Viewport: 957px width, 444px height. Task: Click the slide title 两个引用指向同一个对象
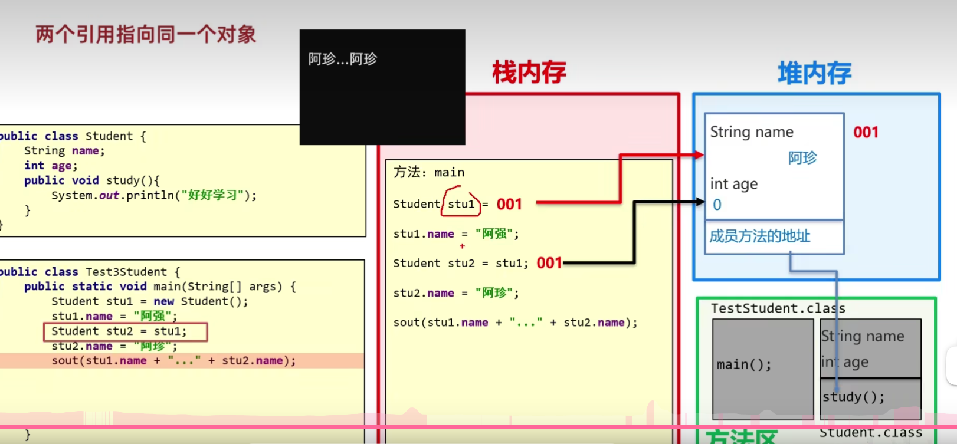[x=146, y=34]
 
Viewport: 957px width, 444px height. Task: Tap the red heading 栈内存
[x=529, y=73]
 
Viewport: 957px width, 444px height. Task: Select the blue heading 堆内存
[x=814, y=74]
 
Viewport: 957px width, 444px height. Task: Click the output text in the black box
[x=342, y=59]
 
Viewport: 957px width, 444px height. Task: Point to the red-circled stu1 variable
[x=461, y=204]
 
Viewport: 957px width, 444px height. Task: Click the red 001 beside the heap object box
[x=866, y=132]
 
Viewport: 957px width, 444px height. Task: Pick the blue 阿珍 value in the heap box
[x=802, y=157]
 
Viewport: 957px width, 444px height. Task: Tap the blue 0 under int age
[x=717, y=205]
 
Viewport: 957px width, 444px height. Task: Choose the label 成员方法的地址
[x=759, y=236]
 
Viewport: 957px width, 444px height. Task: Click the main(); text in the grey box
[x=743, y=365]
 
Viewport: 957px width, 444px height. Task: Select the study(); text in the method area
[x=853, y=397]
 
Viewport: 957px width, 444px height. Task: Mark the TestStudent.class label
[x=778, y=308]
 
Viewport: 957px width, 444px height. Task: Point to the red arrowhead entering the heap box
[x=699, y=155]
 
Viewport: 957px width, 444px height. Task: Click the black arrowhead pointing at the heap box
[x=700, y=202]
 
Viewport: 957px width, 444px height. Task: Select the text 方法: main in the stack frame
[x=429, y=172]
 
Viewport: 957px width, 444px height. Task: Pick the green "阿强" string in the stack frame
[x=494, y=234]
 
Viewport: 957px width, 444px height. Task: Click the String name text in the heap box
[x=752, y=132]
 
